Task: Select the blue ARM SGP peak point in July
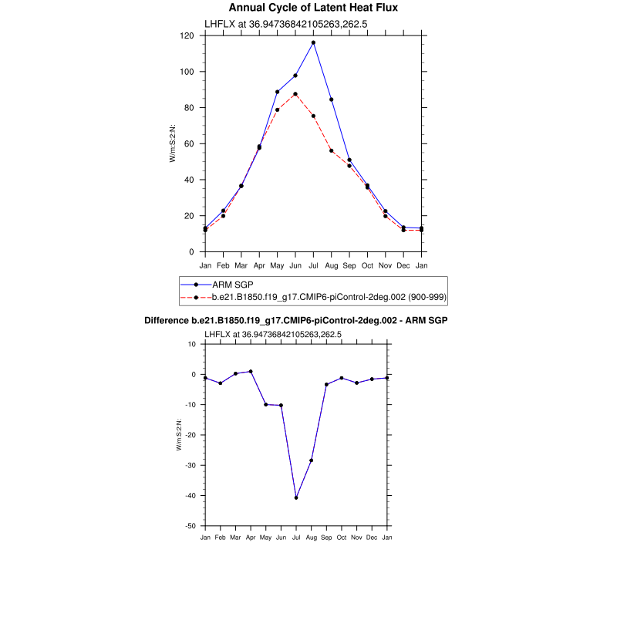(x=313, y=42)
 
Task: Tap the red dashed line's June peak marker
(x=295, y=94)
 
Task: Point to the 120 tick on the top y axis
(x=187, y=35)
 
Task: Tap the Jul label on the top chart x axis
(x=313, y=265)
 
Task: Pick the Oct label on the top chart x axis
(x=367, y=265)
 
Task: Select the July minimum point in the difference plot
(x=296, y=497)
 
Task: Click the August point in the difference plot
(x=312, y=460)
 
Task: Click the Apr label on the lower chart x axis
(x=251, y=537)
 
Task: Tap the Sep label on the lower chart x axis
(x=326, y=537)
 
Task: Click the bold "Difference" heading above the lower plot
(x=296, y=320)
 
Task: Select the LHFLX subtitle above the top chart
(x=285, y=24)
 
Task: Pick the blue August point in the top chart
(x=332, y=99)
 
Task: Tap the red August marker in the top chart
(x=332, y=150)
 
